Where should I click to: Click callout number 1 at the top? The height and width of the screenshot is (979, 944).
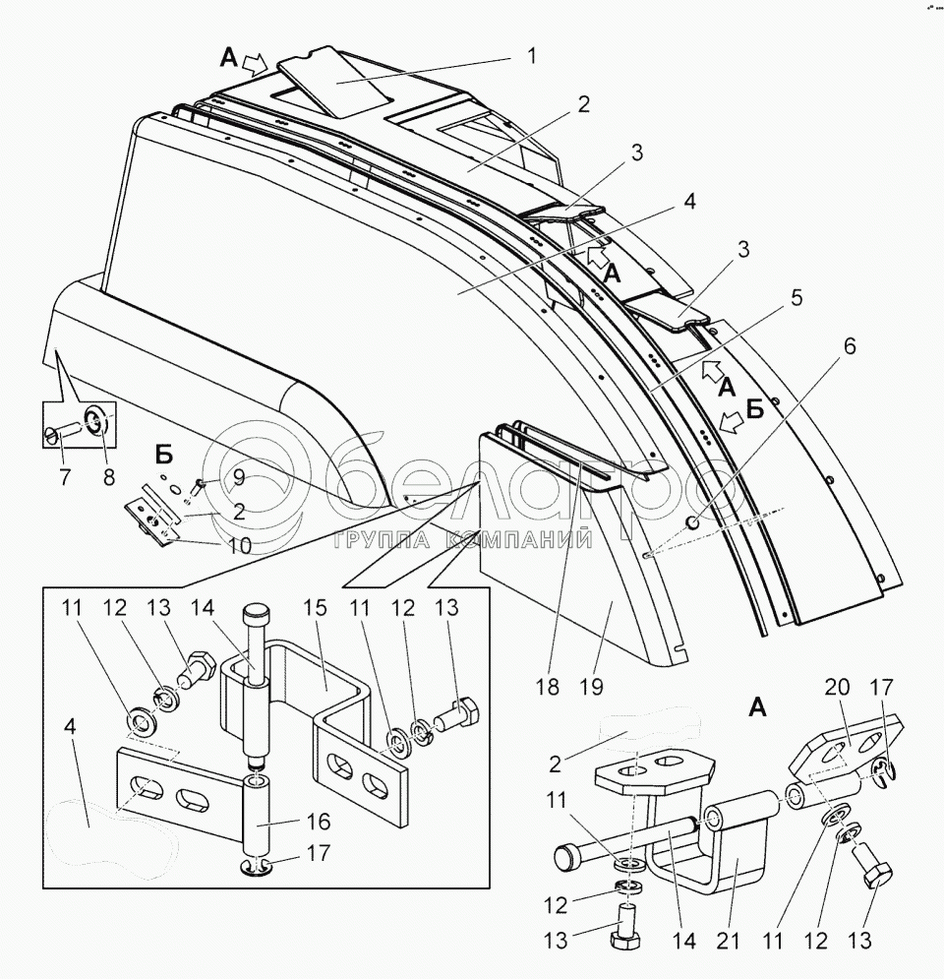pos(532,56)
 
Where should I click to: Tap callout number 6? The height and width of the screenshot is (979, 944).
pos(849,346)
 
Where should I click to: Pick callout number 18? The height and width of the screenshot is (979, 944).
pos(549,687)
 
